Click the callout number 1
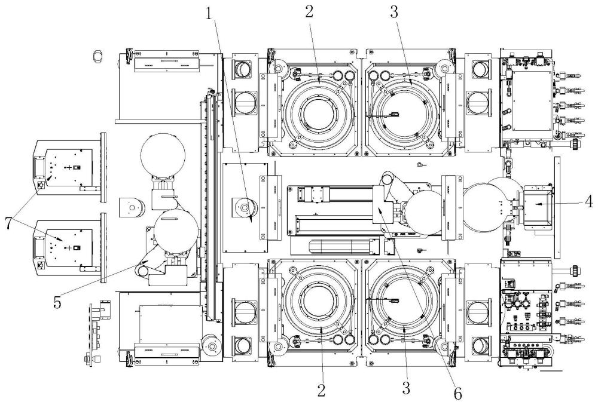[209, 14]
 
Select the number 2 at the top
[309, 11]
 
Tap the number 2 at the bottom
[322, 389]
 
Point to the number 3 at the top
[394, 12]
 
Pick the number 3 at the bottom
[407, 388]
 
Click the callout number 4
[590, 201]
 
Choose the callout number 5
[57, 302]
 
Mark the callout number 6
[457, 393]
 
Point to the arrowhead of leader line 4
[536, 204]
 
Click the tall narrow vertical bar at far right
[557, 207]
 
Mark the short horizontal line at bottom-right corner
[551, 370]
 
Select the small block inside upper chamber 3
[395, 113]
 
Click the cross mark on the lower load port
[69, 248]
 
